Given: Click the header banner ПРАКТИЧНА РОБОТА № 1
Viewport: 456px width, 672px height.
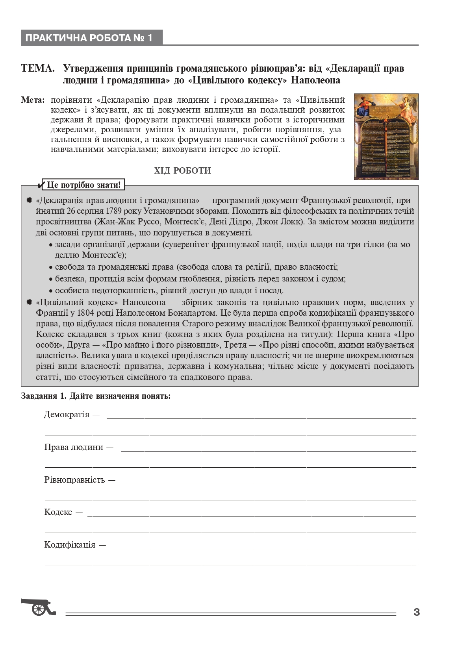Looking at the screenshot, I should [x=89, y=38].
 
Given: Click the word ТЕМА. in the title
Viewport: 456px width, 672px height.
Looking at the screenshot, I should [x=38, y=68].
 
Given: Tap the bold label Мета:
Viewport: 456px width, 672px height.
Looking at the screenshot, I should [x=33, y=100].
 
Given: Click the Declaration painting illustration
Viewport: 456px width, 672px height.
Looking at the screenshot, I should [x=386, y=137].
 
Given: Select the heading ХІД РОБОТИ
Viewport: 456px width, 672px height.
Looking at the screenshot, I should [x=182, y=170].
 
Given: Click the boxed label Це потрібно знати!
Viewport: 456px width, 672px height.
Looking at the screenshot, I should [x=83, y=185].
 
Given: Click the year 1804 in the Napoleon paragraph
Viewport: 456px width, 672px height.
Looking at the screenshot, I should [x=86, y=313].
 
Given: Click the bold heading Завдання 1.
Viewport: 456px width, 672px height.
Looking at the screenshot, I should [x=44, y=396].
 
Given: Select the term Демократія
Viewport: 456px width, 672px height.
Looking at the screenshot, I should [x=67, y=415].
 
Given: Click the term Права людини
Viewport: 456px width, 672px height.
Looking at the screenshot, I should [x=74, y=447].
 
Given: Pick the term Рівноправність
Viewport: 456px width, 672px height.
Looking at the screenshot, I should [x=74, y=480].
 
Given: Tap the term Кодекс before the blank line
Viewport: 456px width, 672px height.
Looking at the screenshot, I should [x=58, y=512].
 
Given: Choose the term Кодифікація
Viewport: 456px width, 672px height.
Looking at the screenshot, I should [x=70, y=545].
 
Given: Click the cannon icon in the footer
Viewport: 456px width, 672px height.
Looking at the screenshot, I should [x=38, y=607].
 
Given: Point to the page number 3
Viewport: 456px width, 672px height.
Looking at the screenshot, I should [x=417, y=612].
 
